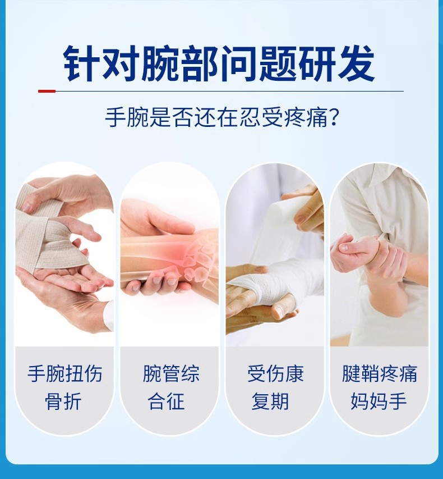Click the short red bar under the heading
(47, 91)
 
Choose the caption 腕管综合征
(170, 387)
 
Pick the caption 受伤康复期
(275, 387)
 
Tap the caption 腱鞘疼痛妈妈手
(380, 387)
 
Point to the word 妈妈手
(380, 401)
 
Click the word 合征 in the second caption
(170, 401)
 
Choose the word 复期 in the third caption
(275, 401)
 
